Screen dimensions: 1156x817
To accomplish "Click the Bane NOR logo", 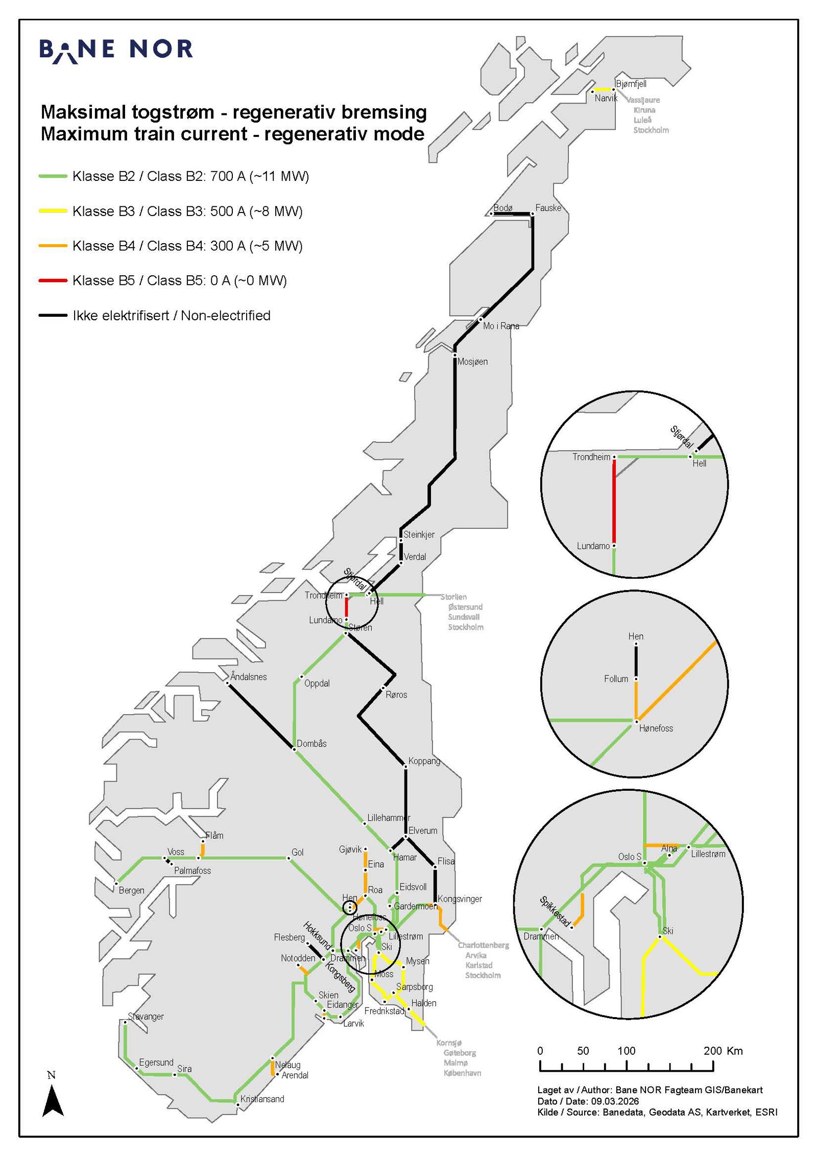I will pos(116,50).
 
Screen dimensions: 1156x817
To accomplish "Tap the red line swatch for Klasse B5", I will pos(53,280).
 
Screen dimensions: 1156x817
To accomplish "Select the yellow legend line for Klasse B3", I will pos(53,211).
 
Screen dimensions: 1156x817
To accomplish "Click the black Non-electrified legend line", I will pos(53,315).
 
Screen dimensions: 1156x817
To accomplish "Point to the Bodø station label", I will pos(502,208).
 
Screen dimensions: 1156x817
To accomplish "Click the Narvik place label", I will pos(606,98).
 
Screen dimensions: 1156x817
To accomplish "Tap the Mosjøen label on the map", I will pos(472,362).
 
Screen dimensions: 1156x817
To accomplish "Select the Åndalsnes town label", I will pos(248,677).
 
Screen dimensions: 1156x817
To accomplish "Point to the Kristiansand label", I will pos(262,1099).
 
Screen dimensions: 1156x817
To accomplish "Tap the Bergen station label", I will pos(131,890).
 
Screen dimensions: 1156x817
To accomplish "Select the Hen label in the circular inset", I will pos(636,636).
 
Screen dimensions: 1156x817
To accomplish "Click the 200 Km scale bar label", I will pos(723,1051).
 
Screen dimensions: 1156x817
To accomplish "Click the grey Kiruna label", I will pos(644,110).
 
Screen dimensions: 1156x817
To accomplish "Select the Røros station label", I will pos(396,695).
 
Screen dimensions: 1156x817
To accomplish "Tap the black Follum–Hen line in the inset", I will pos(636,662).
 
